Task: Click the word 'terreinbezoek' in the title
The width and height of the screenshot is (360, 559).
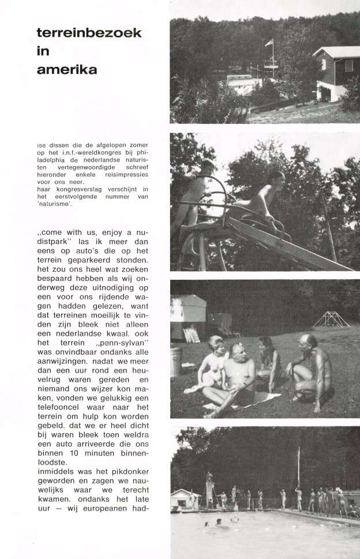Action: (88, 34)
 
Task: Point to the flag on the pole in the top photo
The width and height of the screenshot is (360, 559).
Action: (269, 43)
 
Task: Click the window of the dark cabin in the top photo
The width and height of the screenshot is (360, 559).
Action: (348, 66)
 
